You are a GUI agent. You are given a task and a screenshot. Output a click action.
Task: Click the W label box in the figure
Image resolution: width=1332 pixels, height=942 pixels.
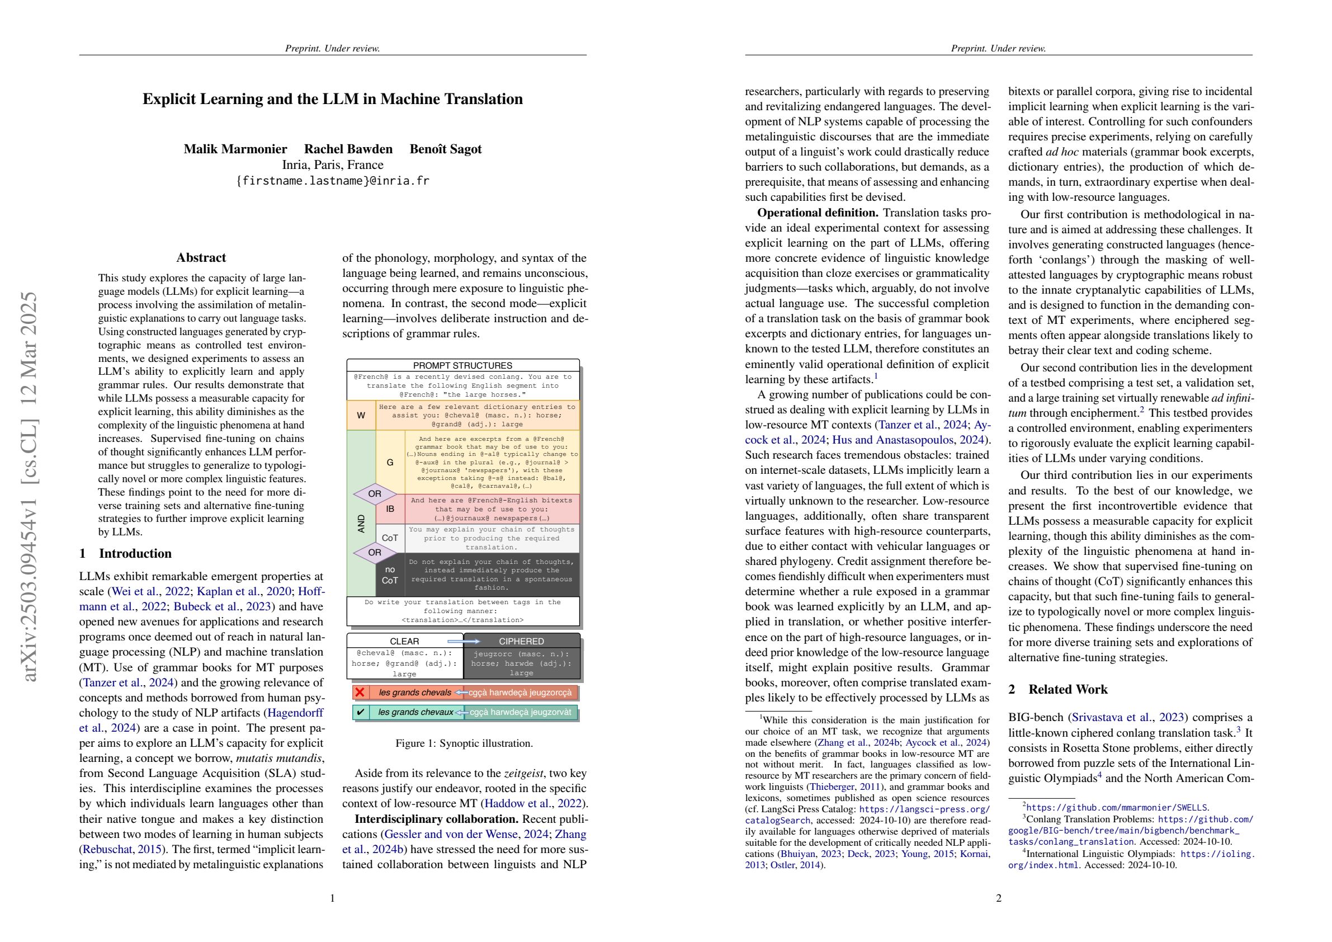point(361,416)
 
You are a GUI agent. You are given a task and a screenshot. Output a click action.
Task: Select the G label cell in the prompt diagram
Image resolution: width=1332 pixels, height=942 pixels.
point(390,463)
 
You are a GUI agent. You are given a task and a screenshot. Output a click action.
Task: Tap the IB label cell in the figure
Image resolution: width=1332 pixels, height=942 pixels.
point(390,509)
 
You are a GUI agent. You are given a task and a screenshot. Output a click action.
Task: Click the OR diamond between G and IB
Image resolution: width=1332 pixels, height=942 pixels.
point(375,494)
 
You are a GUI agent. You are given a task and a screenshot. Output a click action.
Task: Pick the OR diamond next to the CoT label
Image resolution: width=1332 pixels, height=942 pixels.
point(375,552)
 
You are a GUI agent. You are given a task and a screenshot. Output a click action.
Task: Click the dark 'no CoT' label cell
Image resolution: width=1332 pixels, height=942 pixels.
point(390,574)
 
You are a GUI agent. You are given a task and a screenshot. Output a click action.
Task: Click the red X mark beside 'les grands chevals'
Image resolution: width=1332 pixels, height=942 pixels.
point(360,693)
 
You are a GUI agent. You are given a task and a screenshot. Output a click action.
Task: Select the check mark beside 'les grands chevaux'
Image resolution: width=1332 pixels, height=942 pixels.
point(360,712)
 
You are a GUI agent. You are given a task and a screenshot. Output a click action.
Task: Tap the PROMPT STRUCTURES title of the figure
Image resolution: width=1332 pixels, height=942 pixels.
point(462,366)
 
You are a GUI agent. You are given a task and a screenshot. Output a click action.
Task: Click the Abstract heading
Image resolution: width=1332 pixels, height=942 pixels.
point(201,258)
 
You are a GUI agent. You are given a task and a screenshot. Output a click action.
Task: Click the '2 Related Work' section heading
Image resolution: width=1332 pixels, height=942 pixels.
point(1057,690)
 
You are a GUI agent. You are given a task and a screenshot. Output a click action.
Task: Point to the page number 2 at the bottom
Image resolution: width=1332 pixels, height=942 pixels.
point(998,898)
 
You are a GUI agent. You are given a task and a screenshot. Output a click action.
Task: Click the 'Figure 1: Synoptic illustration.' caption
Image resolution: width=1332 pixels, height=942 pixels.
point(464,743)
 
